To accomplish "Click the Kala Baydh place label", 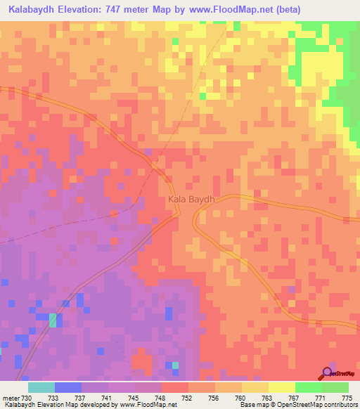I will (191, 200).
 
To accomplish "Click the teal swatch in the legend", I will (41, 387).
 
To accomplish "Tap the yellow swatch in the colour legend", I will (281, 387).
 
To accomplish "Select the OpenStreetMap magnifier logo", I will (327, 373).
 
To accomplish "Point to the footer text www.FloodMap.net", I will (148, 405).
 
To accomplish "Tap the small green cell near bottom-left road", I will (53, 320).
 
